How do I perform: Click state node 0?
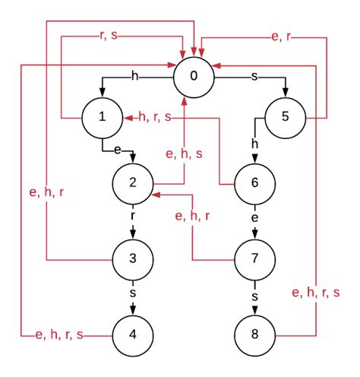194,75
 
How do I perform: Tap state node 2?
133,183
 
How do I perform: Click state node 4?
133,334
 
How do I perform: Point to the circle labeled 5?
286,119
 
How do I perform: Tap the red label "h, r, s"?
154,118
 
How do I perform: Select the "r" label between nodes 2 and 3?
133,216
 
